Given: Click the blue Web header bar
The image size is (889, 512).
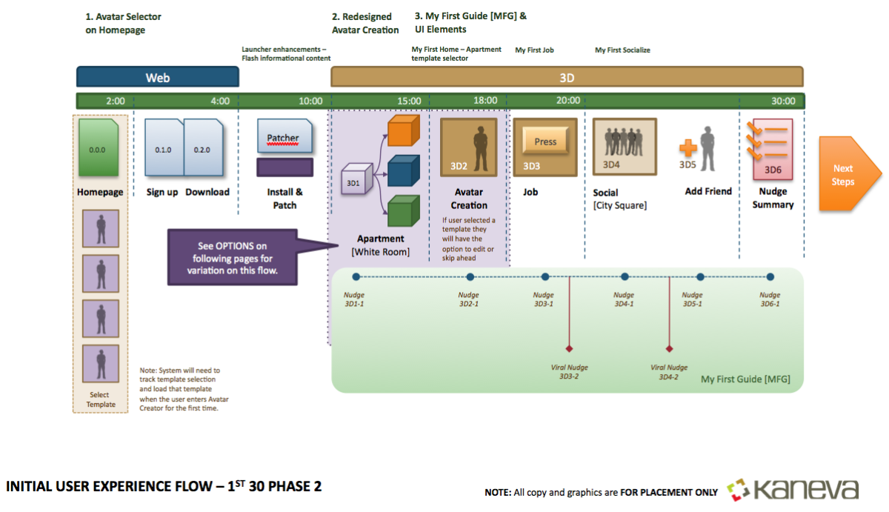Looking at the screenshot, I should pos(157,77).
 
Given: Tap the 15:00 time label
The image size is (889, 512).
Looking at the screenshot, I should pos(409,101).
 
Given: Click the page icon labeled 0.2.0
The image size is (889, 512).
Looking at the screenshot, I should pos(202,149).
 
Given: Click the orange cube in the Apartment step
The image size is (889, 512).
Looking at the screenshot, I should pos(404,130).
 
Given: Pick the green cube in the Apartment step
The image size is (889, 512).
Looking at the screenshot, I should pos(404,210).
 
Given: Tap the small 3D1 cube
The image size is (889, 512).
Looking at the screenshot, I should pos(355,181).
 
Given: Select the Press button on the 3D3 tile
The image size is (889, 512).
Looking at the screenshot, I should pos(545,142).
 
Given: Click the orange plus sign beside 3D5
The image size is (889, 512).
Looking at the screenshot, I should pos(688,147).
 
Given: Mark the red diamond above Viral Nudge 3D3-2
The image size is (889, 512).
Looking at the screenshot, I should pos(569,348).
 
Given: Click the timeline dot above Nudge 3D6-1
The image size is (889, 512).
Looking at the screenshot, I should pos(770,277).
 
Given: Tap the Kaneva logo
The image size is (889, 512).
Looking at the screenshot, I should pos(793,490).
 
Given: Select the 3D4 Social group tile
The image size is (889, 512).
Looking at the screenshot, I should pos(624,146).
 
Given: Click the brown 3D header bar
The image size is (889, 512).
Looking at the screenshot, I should pos(567,77).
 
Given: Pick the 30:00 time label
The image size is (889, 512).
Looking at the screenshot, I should pos(783,101).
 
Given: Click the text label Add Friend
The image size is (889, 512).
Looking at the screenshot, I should pos(708,191).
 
